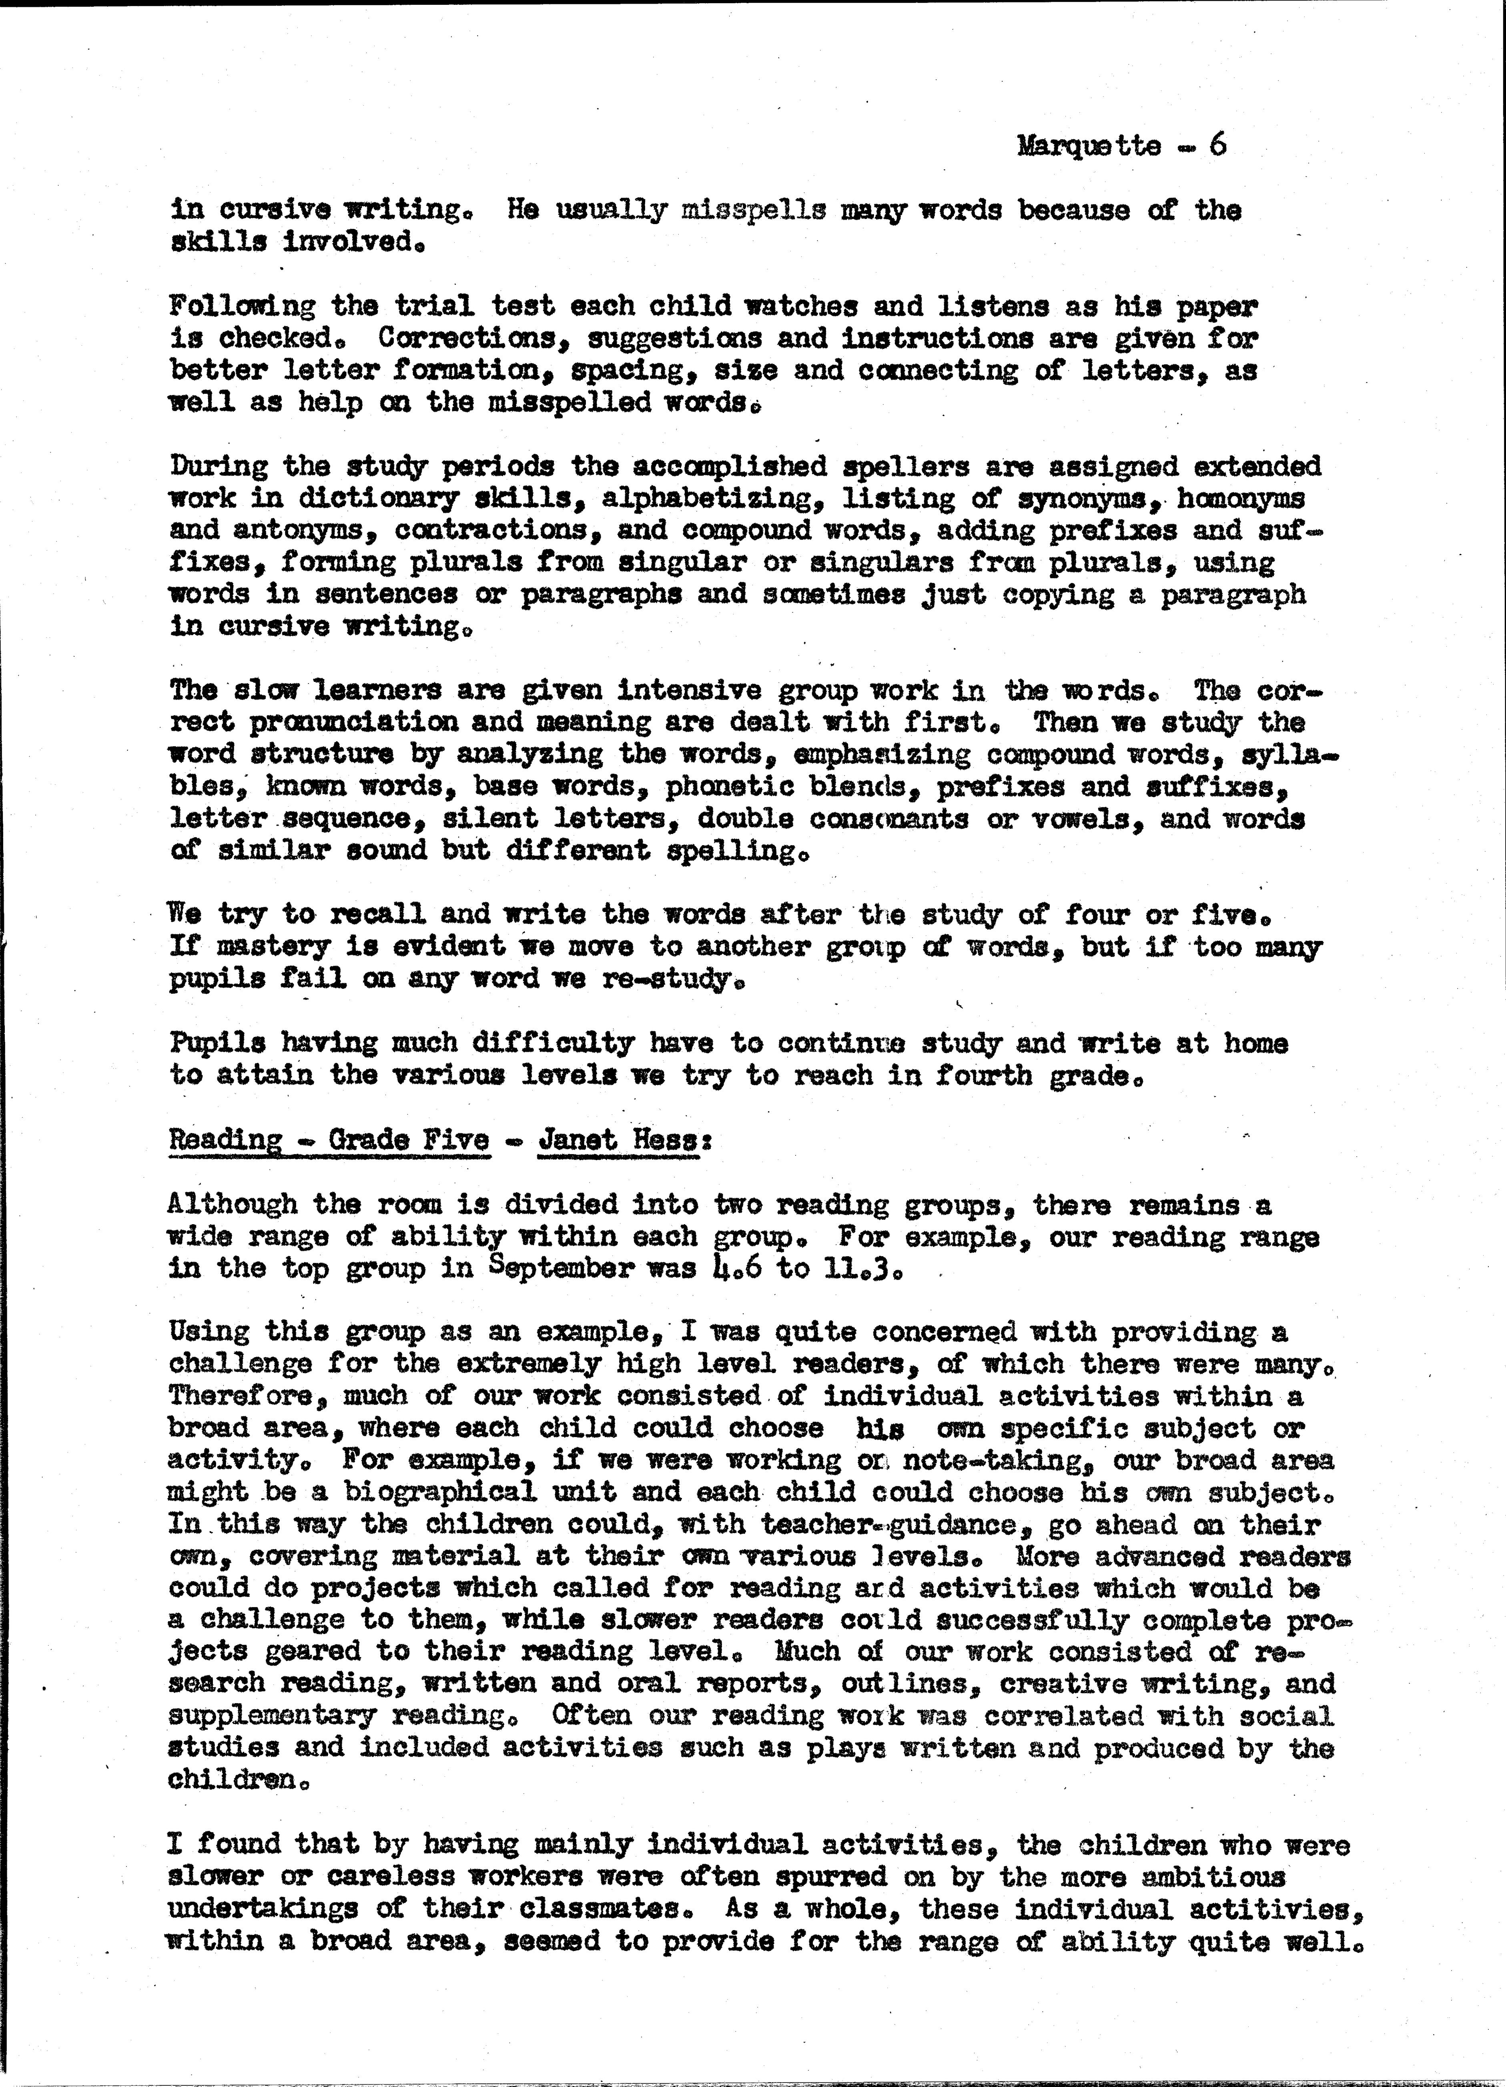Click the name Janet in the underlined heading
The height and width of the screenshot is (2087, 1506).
[x=578, y=1139]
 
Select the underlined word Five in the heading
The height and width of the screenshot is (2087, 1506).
[x=455, y=1139]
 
